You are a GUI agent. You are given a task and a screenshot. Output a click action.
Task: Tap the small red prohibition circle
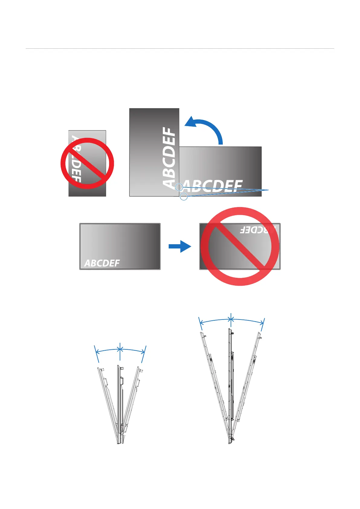point(87,163)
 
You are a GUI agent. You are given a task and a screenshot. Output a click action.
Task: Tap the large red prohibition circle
point(240,246)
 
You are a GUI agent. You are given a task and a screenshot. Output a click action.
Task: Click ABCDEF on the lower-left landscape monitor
point(102,263)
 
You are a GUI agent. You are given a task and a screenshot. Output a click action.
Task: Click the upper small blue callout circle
point(179,187)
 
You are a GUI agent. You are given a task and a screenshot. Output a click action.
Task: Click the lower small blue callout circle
point(183,197)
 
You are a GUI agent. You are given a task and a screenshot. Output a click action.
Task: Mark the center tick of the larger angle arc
point(231,319)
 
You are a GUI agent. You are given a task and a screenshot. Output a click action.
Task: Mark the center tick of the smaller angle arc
point(120,349)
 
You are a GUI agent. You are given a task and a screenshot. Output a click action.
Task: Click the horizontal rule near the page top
point(180,48)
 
